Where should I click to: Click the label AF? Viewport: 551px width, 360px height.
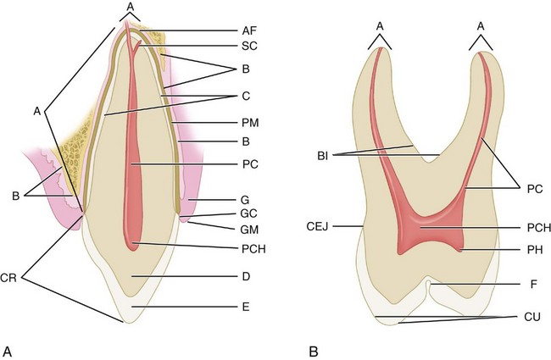click(x=248, y=29)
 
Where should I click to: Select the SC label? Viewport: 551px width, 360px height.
click(x=248, y=47)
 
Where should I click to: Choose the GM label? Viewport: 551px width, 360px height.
click(x=248, y=230)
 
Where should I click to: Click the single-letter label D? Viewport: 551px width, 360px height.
click(x=244, y=276)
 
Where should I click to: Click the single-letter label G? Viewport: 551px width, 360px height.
click(x=245, y=199)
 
